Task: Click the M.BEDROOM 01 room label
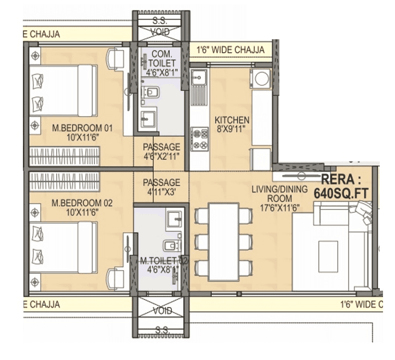[82, 133]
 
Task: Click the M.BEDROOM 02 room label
[82, 207]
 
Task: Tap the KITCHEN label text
[232, 124]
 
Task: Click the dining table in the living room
[224, 241]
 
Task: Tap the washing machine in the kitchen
[261, 79]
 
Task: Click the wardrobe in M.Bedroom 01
[64, 157]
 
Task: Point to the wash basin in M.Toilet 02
[175, 219]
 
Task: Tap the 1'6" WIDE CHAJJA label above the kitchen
[230, 50]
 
